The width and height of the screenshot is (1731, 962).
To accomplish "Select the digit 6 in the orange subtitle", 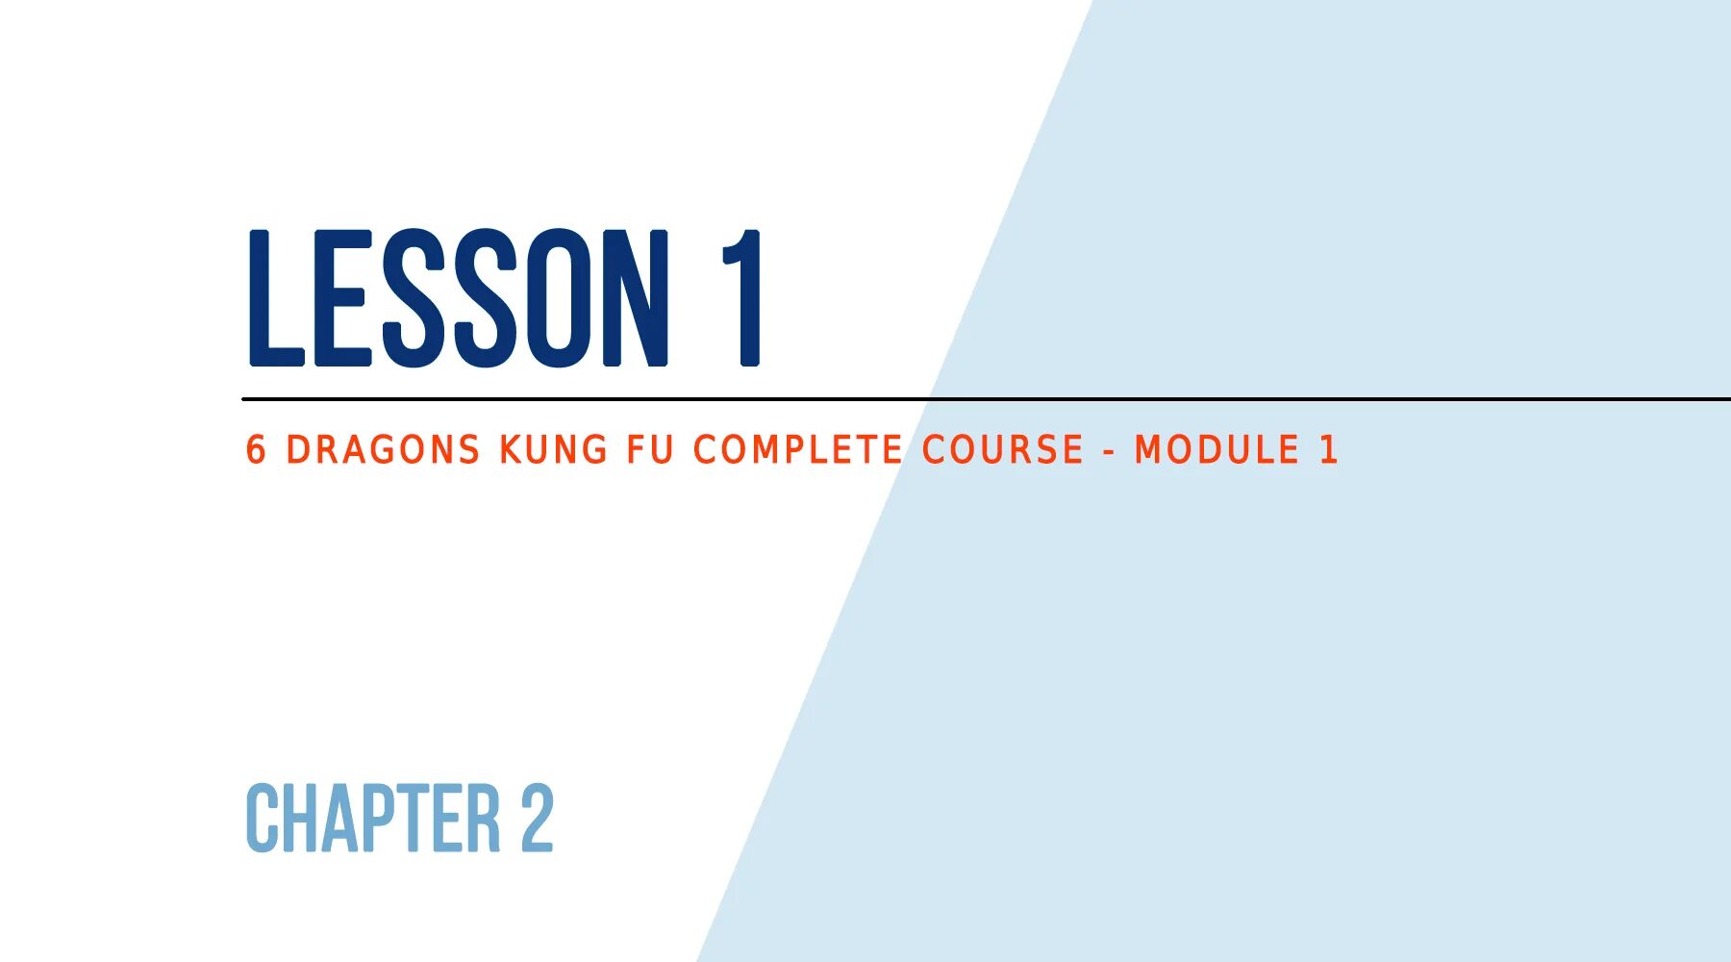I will tap(256, 450).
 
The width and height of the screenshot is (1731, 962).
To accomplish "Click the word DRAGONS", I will tap(383, 450).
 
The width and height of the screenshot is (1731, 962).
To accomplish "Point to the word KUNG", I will tap(553, 450).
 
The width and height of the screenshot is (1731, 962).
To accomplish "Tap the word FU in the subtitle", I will tap(650, 450).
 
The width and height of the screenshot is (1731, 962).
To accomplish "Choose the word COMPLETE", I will tap(798, 450).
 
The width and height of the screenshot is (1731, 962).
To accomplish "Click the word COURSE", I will tap(1003, 450).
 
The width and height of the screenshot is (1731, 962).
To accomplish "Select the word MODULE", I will tap(1217, 450).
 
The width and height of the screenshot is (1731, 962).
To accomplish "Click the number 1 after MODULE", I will tap(1329, 450).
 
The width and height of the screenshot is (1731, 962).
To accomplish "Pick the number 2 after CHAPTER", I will tap(538, 818).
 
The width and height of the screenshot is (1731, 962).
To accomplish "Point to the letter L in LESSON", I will tap(275, 298).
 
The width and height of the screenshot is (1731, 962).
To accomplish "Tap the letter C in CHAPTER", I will tap(262, 818).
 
